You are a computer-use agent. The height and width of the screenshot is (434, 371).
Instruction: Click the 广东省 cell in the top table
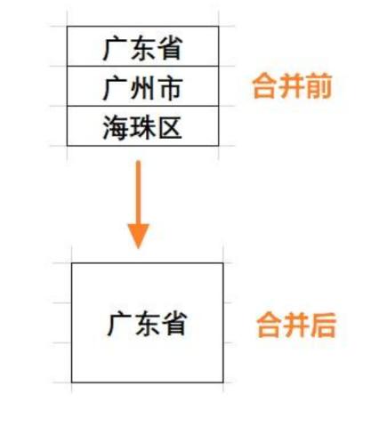(x=142, y=46)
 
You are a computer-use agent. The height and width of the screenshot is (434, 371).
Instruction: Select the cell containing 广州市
(x=142, y=86)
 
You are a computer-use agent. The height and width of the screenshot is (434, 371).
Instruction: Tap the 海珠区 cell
(x=142, y=125)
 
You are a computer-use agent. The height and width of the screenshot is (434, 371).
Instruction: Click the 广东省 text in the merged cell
(x=147, y=324)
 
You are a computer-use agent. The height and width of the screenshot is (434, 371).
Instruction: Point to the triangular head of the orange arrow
(x=138, y=237)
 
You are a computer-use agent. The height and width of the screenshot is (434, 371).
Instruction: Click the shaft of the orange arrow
(x=138, y=193)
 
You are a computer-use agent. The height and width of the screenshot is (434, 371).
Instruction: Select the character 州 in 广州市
(x=142, y=88)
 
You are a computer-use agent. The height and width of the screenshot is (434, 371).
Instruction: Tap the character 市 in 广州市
(x=170, y=88)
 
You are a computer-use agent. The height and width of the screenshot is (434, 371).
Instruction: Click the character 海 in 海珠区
(x=115, y=128)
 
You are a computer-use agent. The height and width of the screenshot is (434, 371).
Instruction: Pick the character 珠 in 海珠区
(x=143, y=128)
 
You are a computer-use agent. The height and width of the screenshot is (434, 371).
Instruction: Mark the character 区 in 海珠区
(x=170, y=128)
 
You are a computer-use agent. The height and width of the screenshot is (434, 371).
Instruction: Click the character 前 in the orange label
(x=319, y=85)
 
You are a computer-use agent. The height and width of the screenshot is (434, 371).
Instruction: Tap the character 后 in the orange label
(x=323, y=325)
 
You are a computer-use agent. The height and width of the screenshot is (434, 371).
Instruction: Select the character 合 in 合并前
(x=264, y=85)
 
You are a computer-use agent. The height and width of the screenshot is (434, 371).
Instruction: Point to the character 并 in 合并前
(x=292, y=85)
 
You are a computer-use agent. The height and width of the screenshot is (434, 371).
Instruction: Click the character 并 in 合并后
(x=296, y=325)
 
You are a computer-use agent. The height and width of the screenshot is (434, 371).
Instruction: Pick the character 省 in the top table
(x=170, y=48)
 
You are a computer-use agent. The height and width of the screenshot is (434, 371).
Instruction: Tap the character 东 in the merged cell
(x=147, y=324)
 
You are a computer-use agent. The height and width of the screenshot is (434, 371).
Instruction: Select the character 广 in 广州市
(x=115, y=88)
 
